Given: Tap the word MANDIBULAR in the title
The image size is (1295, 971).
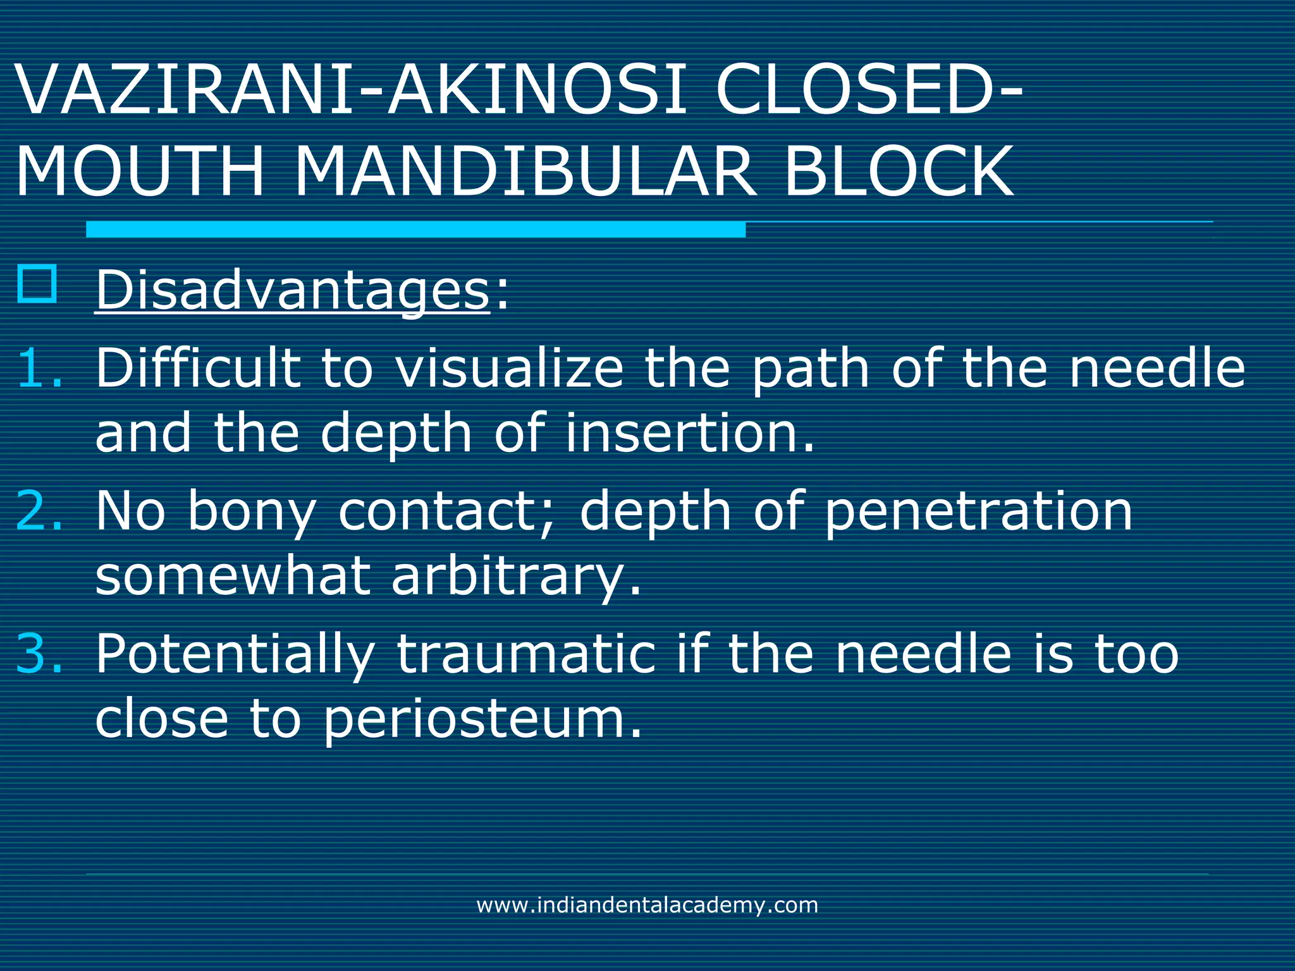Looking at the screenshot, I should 525,172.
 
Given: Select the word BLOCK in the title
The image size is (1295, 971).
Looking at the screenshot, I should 899,172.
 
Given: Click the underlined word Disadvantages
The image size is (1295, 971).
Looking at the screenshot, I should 292,291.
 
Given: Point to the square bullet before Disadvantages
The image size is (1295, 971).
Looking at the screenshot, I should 37,284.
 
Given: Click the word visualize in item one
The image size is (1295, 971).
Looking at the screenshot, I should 510,369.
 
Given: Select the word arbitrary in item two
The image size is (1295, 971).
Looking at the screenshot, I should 516,578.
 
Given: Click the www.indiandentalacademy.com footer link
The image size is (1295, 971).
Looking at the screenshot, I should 647,905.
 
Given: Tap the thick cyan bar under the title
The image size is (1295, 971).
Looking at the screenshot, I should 415,229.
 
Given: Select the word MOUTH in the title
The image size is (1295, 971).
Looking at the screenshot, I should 140,172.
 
